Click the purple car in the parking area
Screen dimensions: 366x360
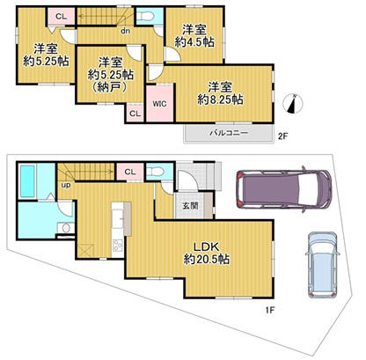tap(284, 189)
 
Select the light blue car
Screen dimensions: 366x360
tap(322, 265)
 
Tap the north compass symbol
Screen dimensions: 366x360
tap(293, 104)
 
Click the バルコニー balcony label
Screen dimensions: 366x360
tap(230, 133)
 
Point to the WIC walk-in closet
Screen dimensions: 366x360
tap(160, 103)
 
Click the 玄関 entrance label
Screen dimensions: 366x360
tap(190, 206)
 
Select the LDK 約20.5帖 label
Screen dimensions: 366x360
tap(206, 253)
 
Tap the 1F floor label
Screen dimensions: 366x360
tap(269, 310)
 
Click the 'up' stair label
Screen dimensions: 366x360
tap(66, 185)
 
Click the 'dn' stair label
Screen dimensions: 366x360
tap(126, 31)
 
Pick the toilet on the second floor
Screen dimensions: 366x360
tap(145, 16)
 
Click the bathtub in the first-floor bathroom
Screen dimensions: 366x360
tap(27, 181)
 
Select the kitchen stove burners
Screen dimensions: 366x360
tap(118, 245)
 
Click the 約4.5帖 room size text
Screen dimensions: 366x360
tap(194, 42)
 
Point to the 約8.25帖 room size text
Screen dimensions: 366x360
tap(220, 99)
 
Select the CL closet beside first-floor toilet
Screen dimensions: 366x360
tap(130, 172)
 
